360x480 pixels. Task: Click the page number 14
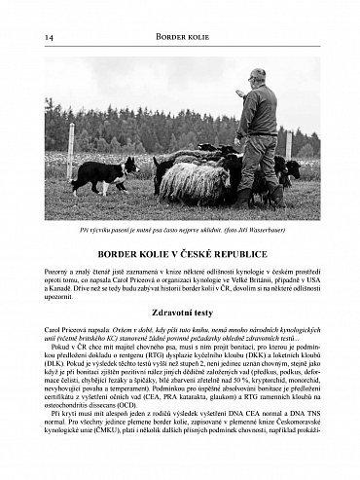pos(49,37)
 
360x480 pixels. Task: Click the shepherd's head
pos(256,77)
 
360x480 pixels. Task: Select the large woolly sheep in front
pos(194,181)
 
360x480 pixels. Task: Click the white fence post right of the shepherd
pos(288,146)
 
